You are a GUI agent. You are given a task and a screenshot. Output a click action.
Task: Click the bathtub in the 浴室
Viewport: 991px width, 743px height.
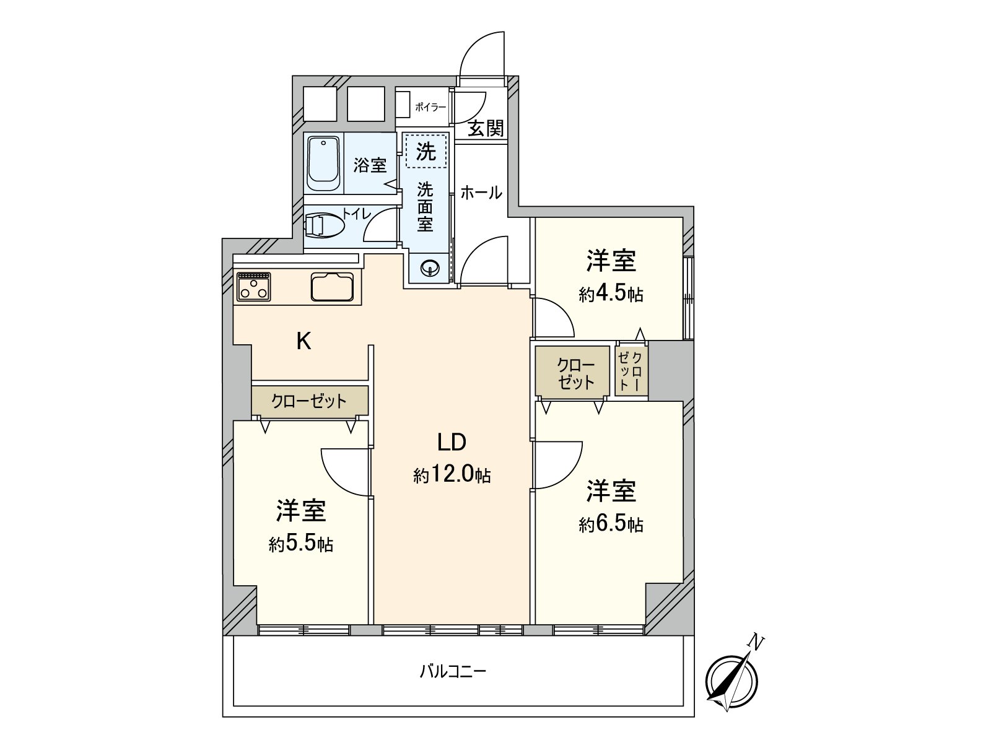coord(323,164)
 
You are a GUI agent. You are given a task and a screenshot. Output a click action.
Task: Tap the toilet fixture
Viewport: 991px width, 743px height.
coord(324,225)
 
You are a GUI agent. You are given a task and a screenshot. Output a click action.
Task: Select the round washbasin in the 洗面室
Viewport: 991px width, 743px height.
coord(429,268)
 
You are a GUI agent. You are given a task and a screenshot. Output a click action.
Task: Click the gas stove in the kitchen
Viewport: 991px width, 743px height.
coord(254,286)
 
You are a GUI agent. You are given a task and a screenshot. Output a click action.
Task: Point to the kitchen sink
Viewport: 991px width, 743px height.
coord(333,286)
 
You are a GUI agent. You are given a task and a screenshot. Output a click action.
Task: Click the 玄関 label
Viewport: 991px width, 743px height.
coord(486,128)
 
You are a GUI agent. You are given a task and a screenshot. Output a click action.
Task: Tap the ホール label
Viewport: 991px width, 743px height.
coord(481,193)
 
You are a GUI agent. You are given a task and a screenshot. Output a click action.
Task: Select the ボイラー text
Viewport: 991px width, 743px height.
coord(430,107)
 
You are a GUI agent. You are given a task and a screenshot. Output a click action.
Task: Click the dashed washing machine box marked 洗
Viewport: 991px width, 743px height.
coord(426,150)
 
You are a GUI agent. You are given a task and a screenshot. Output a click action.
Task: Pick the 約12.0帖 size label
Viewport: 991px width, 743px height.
coord(452,475)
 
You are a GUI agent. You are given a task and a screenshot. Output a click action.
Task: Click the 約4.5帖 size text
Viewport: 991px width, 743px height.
coord(611,294)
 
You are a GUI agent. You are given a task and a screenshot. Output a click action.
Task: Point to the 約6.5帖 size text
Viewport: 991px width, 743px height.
coord(611,525)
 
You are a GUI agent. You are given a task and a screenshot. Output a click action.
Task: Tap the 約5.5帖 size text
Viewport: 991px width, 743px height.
coord(301,544)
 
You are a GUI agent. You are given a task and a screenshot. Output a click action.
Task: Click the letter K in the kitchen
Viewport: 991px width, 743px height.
coord(303,341)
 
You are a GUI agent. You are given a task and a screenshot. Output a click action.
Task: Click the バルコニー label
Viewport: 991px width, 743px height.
coord(453,671)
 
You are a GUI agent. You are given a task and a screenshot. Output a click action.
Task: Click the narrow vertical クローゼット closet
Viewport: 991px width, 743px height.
coord(632,370)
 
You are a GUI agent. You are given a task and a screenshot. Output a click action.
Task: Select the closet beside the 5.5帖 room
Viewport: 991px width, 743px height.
coord(310,401)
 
